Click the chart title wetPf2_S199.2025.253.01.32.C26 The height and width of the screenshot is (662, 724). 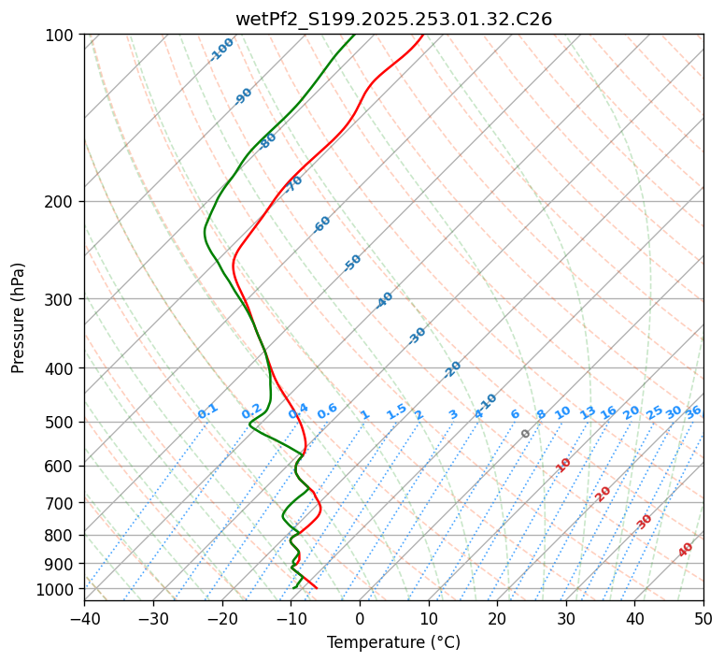pos(393,19)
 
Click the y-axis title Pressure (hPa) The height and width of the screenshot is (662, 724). pos(19,318)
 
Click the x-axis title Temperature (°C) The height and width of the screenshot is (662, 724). pos(393,642)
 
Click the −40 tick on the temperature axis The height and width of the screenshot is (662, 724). pos(84,618)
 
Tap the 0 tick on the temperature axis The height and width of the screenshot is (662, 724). pos(360,618)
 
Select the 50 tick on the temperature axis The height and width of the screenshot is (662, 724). pos(703,618)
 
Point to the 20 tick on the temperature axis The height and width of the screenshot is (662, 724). pos(497,618)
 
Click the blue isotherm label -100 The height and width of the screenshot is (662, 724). pos(221,50)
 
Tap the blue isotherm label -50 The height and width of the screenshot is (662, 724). pos(352,263)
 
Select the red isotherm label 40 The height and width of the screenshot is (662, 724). pos(686,550)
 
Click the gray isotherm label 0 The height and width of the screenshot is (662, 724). pos(526,434)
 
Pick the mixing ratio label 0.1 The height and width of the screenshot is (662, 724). pos(207,411)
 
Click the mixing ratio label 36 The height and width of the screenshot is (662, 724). pos(693,412)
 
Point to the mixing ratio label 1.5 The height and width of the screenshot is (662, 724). pos(396,411)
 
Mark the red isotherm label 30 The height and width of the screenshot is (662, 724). pos(645,522)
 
